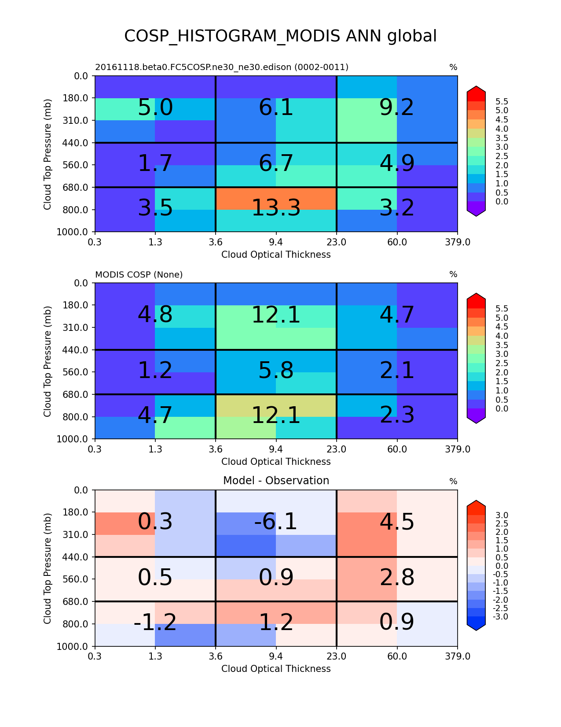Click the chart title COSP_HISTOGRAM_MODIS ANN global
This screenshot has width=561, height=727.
click(x=280, y=36)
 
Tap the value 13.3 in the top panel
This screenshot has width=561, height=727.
click(x=276, y=208)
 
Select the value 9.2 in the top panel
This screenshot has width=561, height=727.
click(x=396, y=108)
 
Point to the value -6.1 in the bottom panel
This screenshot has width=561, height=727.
click(x=276, y=522)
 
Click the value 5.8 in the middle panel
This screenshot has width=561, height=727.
click(x=276, y=371)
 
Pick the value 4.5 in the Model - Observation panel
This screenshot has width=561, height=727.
click(x=396, y=522)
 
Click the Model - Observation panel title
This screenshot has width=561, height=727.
click(x=276, y=481)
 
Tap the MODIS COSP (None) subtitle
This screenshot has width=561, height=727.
click(x=139, y=275)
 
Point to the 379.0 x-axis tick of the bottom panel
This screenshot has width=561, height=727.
click(x=458, y=657)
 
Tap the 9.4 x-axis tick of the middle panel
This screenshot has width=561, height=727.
click(x=276, y=449)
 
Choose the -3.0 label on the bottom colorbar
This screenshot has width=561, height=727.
click(x=502, y=616)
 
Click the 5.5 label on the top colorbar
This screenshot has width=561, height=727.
click(x=502, y=102)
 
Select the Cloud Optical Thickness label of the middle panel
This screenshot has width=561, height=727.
click(x=276, y=462)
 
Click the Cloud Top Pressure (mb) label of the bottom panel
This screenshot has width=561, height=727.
click(x=48, y=568)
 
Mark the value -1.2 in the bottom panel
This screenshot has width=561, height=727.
click(x=155, y=623)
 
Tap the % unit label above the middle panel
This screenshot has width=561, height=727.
click(x=453, y=274)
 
